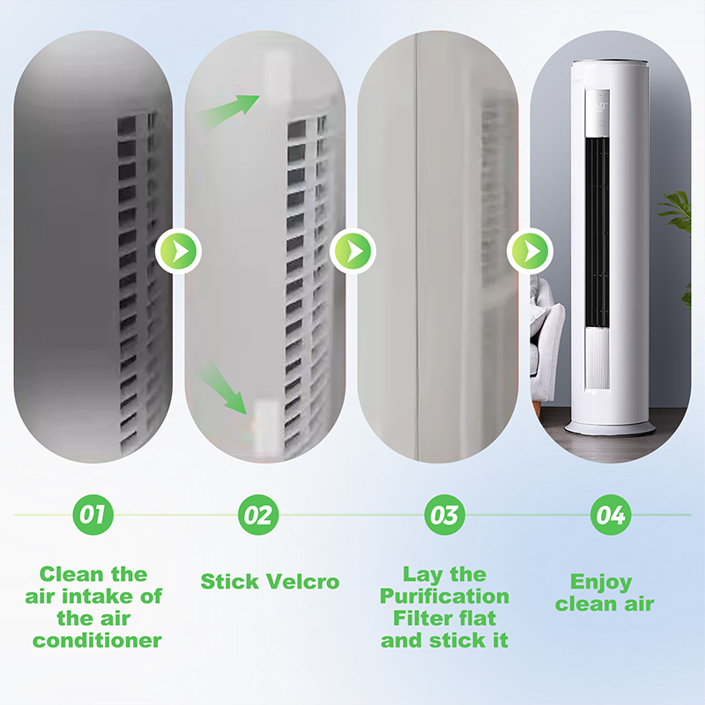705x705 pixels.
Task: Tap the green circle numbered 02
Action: click(x=259, y=514)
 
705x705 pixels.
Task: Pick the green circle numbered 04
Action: click(x=611, y=514)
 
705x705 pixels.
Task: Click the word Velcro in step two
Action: click(x=301, y=582)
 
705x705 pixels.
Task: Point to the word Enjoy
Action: click(x=601, y=583)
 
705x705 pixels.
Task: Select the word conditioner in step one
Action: click(x=97, y=641)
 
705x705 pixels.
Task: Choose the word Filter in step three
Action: click(x=419, y=619)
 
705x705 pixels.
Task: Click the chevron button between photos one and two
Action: click(x=179, y=252)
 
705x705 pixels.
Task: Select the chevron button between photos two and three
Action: click(x=353, y=252)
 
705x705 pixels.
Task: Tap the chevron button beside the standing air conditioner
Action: click(x=530, y=252)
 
